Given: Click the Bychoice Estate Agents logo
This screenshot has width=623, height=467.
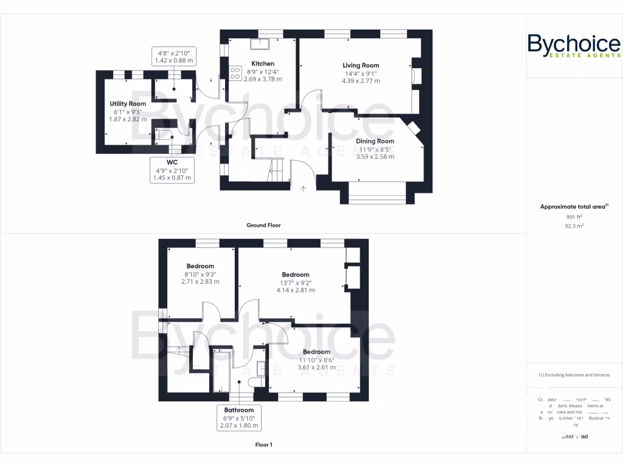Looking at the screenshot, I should point(574,46).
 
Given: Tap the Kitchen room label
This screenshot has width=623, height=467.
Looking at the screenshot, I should point(263,63).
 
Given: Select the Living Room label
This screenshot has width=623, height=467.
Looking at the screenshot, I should point(360,65).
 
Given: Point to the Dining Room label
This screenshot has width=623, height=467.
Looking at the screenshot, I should point(375,141).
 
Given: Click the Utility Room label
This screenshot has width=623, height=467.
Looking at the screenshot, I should point(128,104).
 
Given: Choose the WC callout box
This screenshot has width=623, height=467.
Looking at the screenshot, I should point(172,170).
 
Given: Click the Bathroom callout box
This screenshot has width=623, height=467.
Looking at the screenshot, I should point(238,418).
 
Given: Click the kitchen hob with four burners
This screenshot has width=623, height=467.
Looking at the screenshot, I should point(235,74).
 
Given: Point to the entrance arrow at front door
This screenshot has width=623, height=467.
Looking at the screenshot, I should point(303,189).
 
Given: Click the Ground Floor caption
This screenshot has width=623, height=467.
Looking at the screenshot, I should point(263,225).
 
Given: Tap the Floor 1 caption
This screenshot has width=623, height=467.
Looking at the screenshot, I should point(263,445).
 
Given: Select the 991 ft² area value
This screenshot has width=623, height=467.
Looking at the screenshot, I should point(574,216).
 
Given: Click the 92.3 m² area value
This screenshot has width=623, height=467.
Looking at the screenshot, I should point(574,226).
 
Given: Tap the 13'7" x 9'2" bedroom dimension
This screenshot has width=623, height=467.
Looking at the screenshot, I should point(296,283).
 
